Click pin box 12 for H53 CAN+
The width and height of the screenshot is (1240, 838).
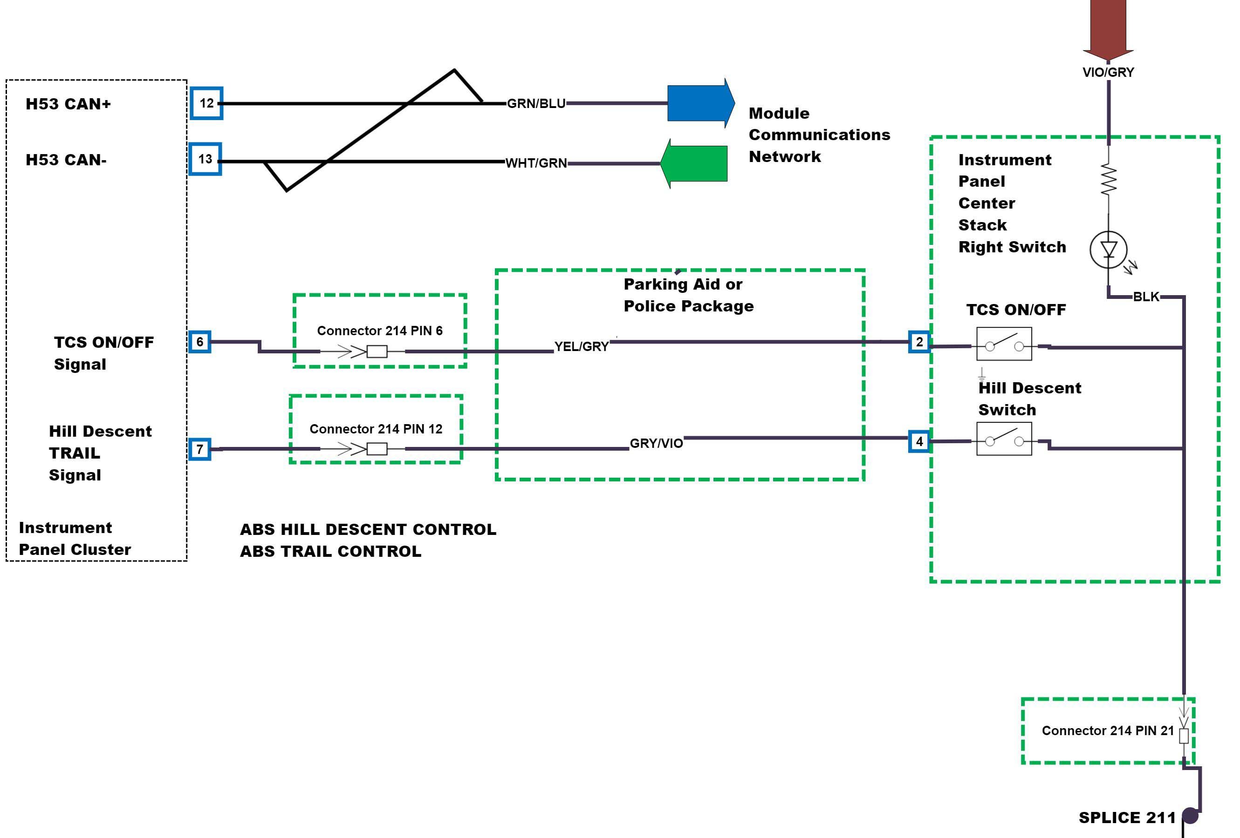(x=206, y=103)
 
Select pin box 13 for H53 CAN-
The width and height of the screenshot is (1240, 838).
(x=206, y=159)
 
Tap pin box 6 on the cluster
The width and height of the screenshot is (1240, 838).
(x=200, y=342)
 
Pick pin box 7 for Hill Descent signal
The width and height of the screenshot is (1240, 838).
(x=200, y=449)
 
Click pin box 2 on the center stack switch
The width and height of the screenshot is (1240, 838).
(x=919, y=342)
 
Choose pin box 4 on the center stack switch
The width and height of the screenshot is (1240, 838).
(x=919, y=442)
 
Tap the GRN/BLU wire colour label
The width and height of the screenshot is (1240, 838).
(x=536, y=103)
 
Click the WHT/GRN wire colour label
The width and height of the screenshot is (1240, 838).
(x=536, y=163)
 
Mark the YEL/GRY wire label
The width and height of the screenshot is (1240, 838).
(x=581, y=346)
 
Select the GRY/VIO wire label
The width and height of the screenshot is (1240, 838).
(x=656, y=444)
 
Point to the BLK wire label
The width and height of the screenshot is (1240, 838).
(x=1145, y=297)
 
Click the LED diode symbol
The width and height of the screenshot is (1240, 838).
(x=1108, y=249)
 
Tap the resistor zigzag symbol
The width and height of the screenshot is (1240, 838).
(x=1108, y=180)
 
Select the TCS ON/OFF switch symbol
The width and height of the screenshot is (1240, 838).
(x=1004, y=345)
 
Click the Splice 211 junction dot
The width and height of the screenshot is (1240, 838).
(x=1191, y=816)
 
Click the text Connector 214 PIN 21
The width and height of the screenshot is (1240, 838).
(x=1108, y=731)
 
